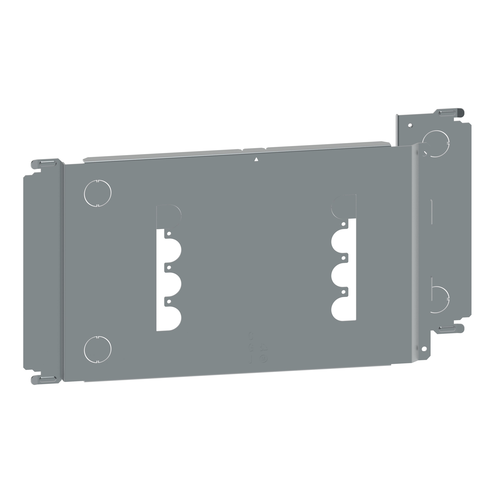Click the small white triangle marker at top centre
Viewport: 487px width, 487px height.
tap(256, 159)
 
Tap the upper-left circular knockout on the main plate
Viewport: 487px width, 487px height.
tap(98, 193)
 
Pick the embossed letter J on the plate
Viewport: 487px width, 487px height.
tap(250, 359)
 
